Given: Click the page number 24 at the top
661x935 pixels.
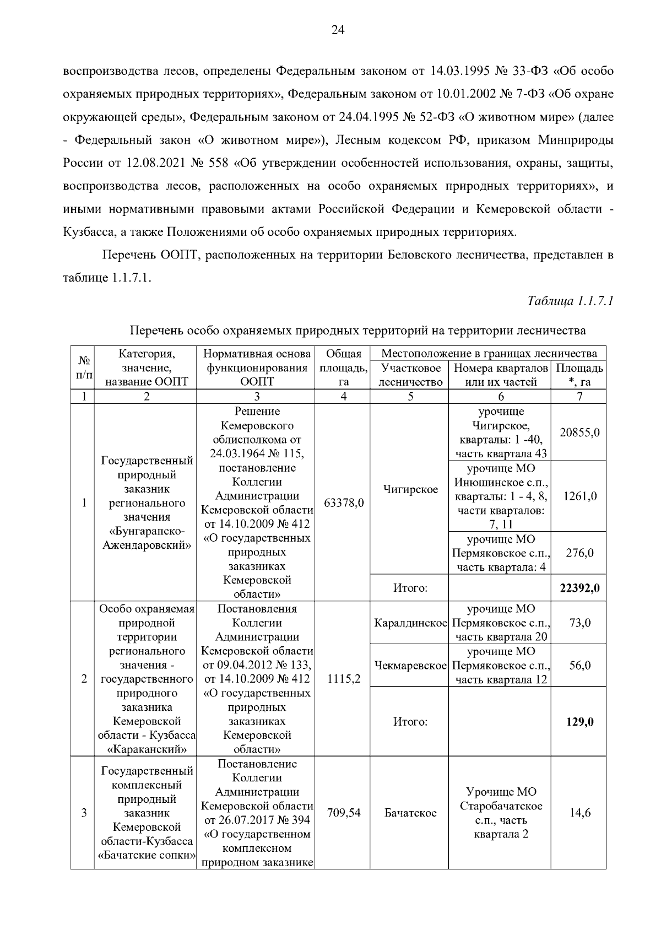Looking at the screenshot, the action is coord(338,31).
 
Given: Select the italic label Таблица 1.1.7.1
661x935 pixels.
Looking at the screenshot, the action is coord(570,301).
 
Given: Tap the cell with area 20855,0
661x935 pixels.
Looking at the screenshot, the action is coord(579,433).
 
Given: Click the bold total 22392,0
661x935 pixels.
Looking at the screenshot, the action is coord(579,588).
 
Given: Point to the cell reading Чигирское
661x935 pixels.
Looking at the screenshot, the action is coord(410,489).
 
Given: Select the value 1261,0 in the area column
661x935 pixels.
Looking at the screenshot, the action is coord(579,496).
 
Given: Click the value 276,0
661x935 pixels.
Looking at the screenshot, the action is coord(579,553).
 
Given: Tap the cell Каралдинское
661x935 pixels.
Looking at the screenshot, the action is coord(410,623).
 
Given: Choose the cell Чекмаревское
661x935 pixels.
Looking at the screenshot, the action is coord(410,666).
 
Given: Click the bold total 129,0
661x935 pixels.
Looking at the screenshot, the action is coord(579,722).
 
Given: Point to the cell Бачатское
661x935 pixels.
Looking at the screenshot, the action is coord(410,813).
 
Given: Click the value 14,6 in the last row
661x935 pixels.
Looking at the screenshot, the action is coord(579,813).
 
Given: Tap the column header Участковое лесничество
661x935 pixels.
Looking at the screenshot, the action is coord(410,375).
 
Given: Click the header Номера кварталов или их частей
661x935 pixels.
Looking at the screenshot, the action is coord(500,375).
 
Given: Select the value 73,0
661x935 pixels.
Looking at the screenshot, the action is coord(579,623).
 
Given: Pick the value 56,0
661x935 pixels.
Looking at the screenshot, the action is coord(579,666).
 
